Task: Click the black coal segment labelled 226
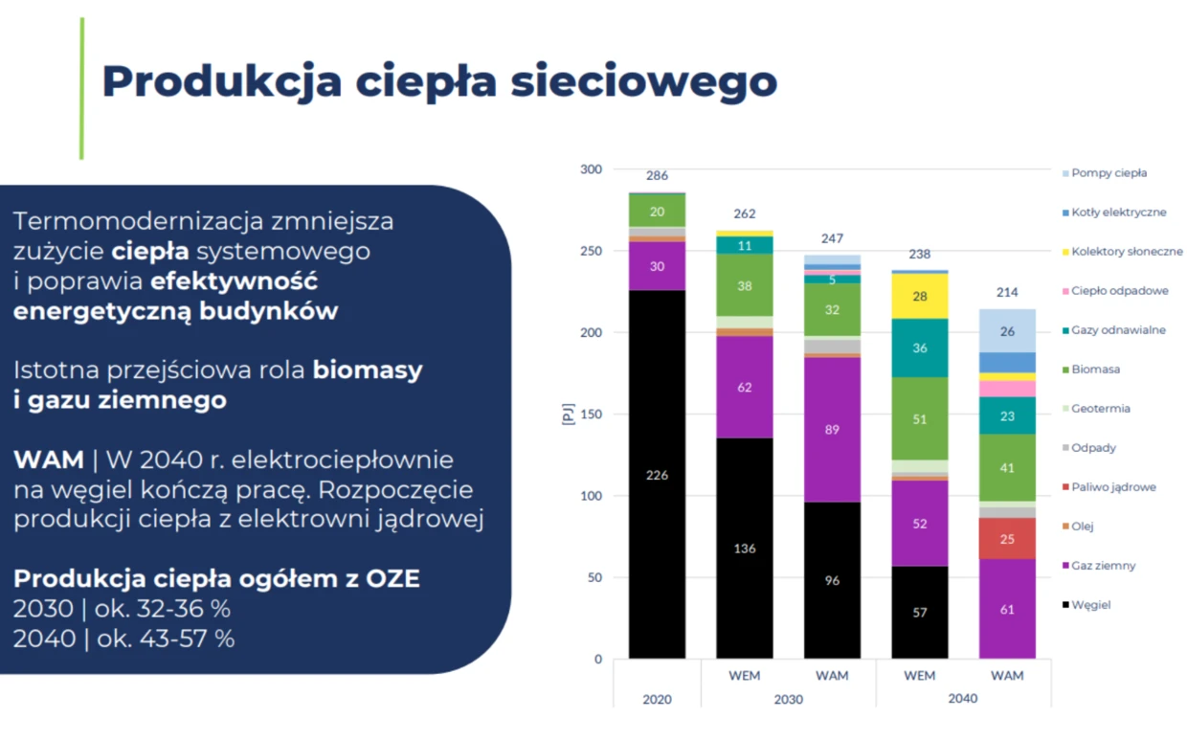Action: [x=657, y=475]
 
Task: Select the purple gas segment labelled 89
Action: [x=832, y=430]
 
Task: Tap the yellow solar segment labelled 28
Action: [x=919, y=297]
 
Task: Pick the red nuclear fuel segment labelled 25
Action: [x=1007, y=539]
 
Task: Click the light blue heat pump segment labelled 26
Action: [x=1007, y=331]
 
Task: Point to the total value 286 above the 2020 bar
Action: [x=657, y=176]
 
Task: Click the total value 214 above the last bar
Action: [x=1007, y=292]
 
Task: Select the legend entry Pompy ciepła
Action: [x=1109, y=173]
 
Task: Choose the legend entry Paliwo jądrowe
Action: [x=1113, y=487]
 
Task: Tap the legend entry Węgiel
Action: [x=1090, y=605]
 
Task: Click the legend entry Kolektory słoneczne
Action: [x=1127, y=252]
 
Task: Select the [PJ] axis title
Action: [x=567, y=414]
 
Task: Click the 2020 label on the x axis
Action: [x=657, y=699]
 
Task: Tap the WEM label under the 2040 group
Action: [x=919, y=676]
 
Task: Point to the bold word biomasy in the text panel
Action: [x=368, y=370]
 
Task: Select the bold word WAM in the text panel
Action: [x=48, y=460]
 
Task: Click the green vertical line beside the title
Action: [x=82, y=88]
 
